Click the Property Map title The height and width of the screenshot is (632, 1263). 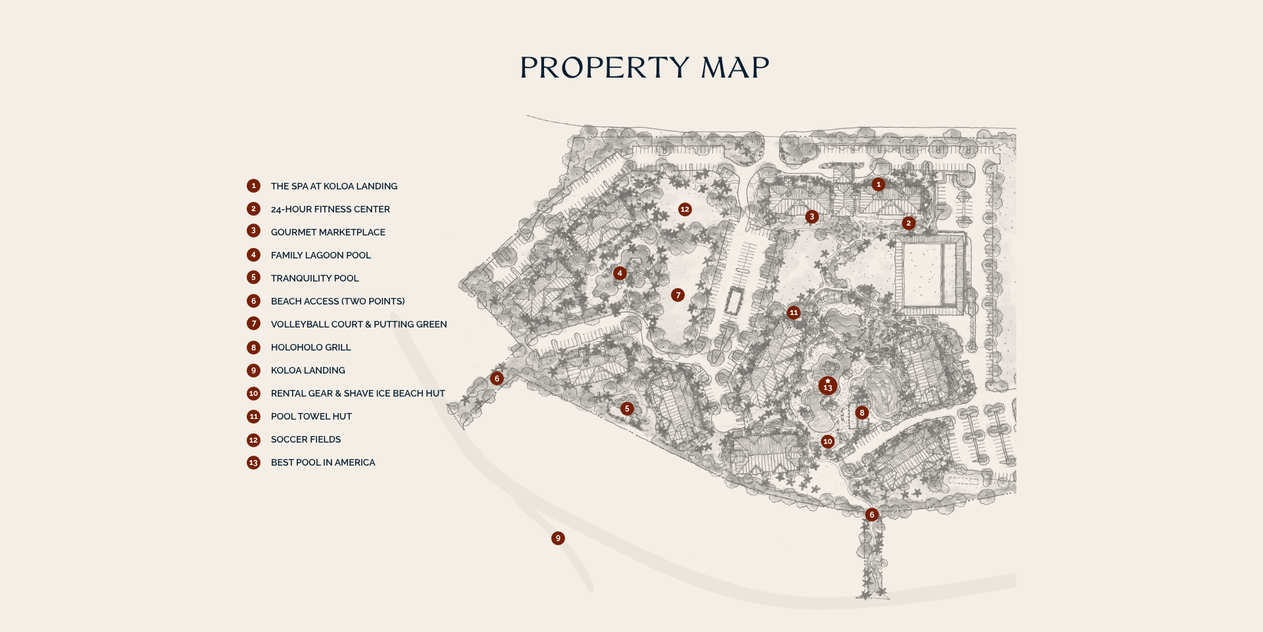click(644, 68)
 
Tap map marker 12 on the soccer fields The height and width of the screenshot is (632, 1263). click(685, 209)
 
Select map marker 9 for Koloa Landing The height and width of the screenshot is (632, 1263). click(558, 538)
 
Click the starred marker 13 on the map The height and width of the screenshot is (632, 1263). click(828, 385)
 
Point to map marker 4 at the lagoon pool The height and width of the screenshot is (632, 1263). click(620, 273)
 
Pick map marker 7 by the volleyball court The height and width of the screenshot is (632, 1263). click(678, 295)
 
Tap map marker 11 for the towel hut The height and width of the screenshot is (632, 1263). click(794, 312)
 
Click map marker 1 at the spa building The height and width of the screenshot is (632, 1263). click(878, 185)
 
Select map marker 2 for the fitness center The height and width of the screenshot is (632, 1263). click(908, 223)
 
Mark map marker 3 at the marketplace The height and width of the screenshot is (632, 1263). click(812, 216)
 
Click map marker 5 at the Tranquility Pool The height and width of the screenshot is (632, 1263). click(627, 408)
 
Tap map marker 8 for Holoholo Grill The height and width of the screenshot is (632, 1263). click(862, 413)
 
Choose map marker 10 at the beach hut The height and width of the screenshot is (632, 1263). click(828, 441)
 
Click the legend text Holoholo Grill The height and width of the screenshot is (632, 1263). click(310, 347)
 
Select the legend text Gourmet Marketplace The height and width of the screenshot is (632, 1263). click(328, 232)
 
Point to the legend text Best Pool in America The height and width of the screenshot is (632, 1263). click(322, 462)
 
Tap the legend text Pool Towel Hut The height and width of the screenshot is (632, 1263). click(311, 416)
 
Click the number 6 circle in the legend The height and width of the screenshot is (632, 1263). click(253, 301)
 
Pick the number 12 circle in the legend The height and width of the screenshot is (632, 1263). click(253, 440)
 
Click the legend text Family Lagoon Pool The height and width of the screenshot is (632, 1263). click(320, 255)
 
